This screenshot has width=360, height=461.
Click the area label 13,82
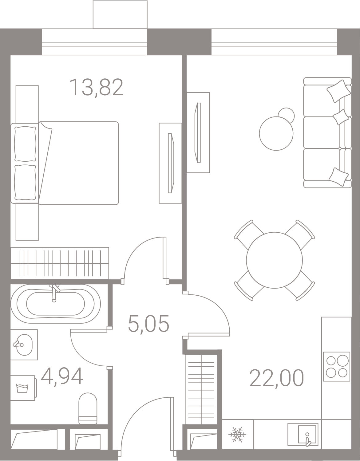97,87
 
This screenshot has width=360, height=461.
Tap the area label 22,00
277,378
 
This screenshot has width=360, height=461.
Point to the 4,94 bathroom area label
62,376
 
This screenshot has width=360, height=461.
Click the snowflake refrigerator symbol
237,435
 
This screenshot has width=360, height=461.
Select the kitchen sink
303,434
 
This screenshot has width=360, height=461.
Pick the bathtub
56,304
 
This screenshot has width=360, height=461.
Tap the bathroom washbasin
24,345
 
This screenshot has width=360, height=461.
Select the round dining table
274,260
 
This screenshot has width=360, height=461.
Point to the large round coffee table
276,133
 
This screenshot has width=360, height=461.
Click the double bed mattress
78,163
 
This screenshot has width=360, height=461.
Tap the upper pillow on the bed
25,144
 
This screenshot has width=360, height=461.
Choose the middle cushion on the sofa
341,117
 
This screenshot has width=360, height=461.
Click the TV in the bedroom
171,163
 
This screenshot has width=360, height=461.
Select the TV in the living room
197,132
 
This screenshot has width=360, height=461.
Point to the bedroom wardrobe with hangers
60,263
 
